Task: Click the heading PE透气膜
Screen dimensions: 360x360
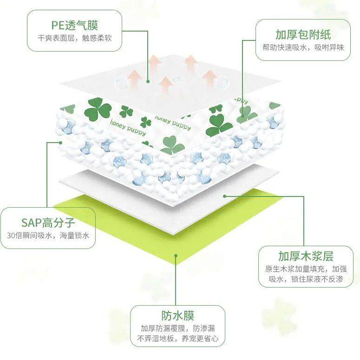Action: pos(75,25)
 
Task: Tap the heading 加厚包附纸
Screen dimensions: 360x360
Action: pos(303,34)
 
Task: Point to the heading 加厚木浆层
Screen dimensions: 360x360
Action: pos(306,256)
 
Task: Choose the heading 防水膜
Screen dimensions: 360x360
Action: pos(178,316)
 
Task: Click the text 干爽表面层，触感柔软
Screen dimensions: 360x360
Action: pos(75,39)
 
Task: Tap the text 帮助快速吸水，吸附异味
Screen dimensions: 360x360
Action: pos(303,47)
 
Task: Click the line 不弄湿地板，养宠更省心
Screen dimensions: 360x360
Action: pos(178,339)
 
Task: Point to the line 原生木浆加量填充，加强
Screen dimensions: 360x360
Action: pos(306,268)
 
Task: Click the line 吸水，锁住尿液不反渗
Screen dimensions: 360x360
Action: pos(306,279)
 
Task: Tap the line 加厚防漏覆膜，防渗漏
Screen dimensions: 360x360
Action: pos(178,328)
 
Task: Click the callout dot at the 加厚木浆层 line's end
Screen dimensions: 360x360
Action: pos(225,196)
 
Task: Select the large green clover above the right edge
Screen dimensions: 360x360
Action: pos(219,124)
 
